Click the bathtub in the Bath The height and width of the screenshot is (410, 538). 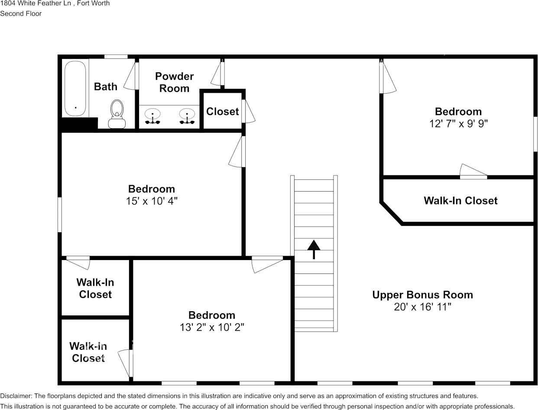tap(76, 88)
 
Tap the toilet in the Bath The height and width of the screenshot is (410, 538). tap(117, 114)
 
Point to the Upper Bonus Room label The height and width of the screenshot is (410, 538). tap(422, 295)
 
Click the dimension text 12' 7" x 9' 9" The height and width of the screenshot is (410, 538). tap(458, 124)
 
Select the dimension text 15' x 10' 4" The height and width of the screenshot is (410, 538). tap(152, 201)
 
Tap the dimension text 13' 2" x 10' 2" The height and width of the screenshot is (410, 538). tap(212, 327)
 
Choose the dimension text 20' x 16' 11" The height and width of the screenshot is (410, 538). tap(422, 307)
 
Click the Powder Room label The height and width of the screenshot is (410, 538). tap(174, 82)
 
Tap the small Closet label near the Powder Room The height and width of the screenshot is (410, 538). tap(222, 111)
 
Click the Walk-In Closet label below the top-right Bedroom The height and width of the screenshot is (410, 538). tap(460, 201)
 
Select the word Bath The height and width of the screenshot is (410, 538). tap(106, 87)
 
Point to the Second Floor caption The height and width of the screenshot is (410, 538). tap(21, 13)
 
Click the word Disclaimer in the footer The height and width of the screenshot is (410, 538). tap(16, 396)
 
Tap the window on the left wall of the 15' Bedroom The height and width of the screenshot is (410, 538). tap(60, 215)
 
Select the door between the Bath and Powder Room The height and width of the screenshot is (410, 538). tap(136, 76)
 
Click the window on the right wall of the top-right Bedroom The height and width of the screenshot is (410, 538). tap(535, 134)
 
